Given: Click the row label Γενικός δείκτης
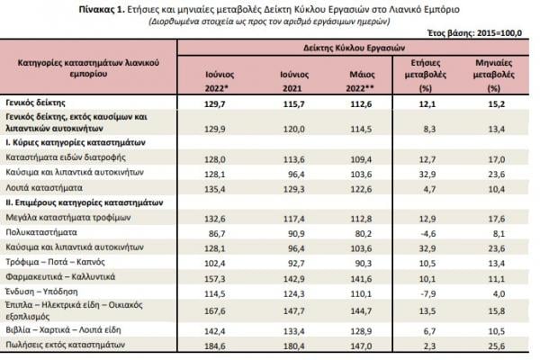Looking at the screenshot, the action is pos(35,103).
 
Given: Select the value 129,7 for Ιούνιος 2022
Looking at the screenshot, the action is pos(214,104).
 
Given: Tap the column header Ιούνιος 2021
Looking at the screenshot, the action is pos(293,81).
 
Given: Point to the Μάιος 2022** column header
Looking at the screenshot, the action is pos(360,81).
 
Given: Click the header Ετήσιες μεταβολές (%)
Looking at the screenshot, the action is pos(426,76).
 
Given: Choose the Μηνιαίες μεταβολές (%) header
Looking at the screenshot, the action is pos(493,76).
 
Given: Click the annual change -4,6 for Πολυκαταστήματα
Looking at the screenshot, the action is pos(428,234).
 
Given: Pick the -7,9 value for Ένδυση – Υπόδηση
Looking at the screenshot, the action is pos(428,294).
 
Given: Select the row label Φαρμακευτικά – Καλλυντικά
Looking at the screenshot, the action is pos(60,277).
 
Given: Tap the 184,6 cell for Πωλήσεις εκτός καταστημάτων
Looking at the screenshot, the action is pos(214,346).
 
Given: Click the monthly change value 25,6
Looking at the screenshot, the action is pos(496,346).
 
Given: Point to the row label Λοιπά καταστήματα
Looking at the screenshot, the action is pos(44,188).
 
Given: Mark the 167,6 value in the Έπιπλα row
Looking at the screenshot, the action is pos(214,311).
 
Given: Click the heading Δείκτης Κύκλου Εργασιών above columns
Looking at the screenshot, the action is pos(354,48).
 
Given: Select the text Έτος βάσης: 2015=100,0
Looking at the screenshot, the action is pos(474,33).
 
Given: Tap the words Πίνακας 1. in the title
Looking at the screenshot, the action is pos(102,9).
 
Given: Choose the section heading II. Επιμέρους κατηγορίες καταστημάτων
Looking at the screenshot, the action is pos(85,202).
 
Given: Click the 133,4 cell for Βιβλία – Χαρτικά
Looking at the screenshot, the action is pos(293,331).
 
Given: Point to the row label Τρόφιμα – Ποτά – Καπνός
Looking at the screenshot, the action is pos(55,262).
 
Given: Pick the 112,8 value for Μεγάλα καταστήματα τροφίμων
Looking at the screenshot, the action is pos(361,219).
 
